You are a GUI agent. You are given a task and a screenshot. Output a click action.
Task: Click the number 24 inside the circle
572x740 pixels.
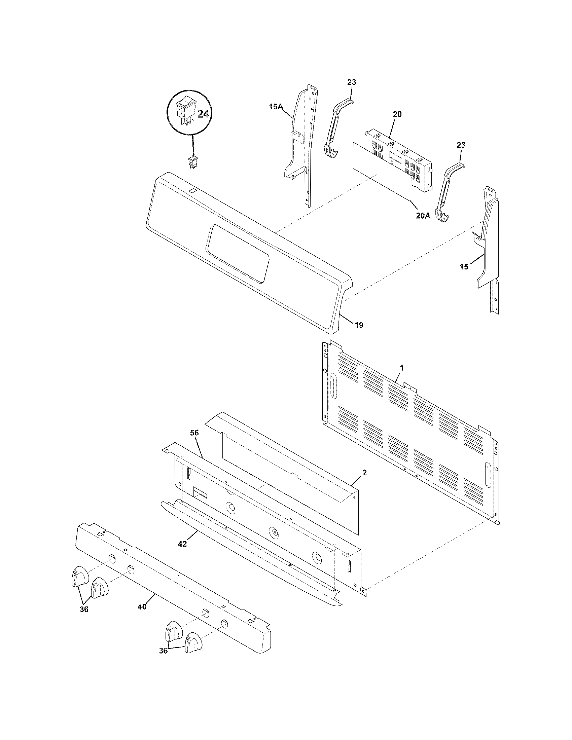coord(203,114)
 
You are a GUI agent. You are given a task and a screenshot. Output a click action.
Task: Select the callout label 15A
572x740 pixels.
coord(276,107)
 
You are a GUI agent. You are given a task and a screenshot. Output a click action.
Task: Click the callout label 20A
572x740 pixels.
coord(423,216)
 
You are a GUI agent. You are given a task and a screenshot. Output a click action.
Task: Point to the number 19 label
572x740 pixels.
coord(359,325)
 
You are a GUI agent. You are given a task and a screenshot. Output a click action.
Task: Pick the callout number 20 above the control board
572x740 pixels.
coord(397,114)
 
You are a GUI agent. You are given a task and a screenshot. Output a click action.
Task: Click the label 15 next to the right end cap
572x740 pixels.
coord(464,267)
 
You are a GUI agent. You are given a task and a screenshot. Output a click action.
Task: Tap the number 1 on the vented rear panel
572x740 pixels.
coord(401,367)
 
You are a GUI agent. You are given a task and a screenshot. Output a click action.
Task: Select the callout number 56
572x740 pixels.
coord(194,433)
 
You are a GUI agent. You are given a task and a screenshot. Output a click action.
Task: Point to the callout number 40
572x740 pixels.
coord(142,607)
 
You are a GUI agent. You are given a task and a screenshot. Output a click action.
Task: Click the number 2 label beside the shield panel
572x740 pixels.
coord(364,473)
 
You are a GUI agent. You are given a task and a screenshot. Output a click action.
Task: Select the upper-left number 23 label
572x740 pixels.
coord(351,82)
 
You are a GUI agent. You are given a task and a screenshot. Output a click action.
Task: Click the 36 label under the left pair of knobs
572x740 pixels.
coord(84,609)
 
